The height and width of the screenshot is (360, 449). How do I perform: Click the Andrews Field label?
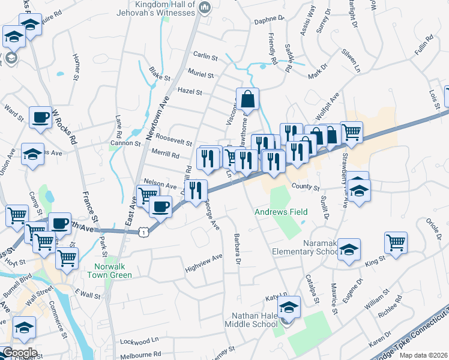[281, 212]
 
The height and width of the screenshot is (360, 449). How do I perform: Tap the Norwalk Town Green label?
[113, 271]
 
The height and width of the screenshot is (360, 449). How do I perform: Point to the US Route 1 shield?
[143, 230]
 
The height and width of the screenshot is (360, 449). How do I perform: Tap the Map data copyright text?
[423, 355]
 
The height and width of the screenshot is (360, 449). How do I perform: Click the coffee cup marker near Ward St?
[41, 117]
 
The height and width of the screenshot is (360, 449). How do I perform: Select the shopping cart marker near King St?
[396, 244]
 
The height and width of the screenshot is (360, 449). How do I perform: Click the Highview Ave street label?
[204, 260]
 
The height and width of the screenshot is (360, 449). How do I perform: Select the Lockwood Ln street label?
[139, 340]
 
